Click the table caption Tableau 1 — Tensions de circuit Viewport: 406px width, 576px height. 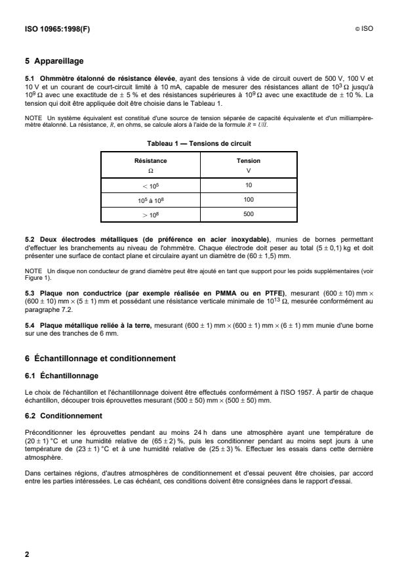(x=203, y=143)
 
